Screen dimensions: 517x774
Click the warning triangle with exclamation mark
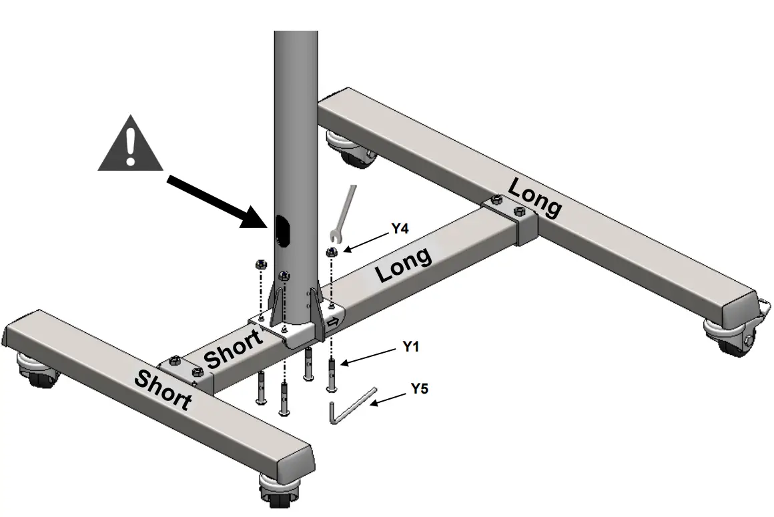(x=130, y=144)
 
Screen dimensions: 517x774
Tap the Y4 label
(x=400, y=229)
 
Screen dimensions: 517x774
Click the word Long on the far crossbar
(x=534, y=197)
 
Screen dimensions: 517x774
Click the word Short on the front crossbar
(x=163, y=390)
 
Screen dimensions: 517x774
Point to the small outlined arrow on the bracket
(x=332, y=322)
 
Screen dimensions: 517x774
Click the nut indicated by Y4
(x=331, y=251)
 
